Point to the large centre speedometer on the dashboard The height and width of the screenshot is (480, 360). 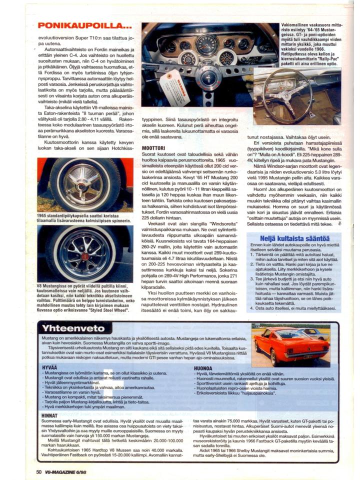[206, 45]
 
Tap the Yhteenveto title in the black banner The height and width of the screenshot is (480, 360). [73, 328]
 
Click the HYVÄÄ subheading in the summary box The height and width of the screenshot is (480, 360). [49, 368]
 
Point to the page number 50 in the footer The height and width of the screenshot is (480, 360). [38, 471]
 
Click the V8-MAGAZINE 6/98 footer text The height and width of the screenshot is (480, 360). [68, 471]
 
